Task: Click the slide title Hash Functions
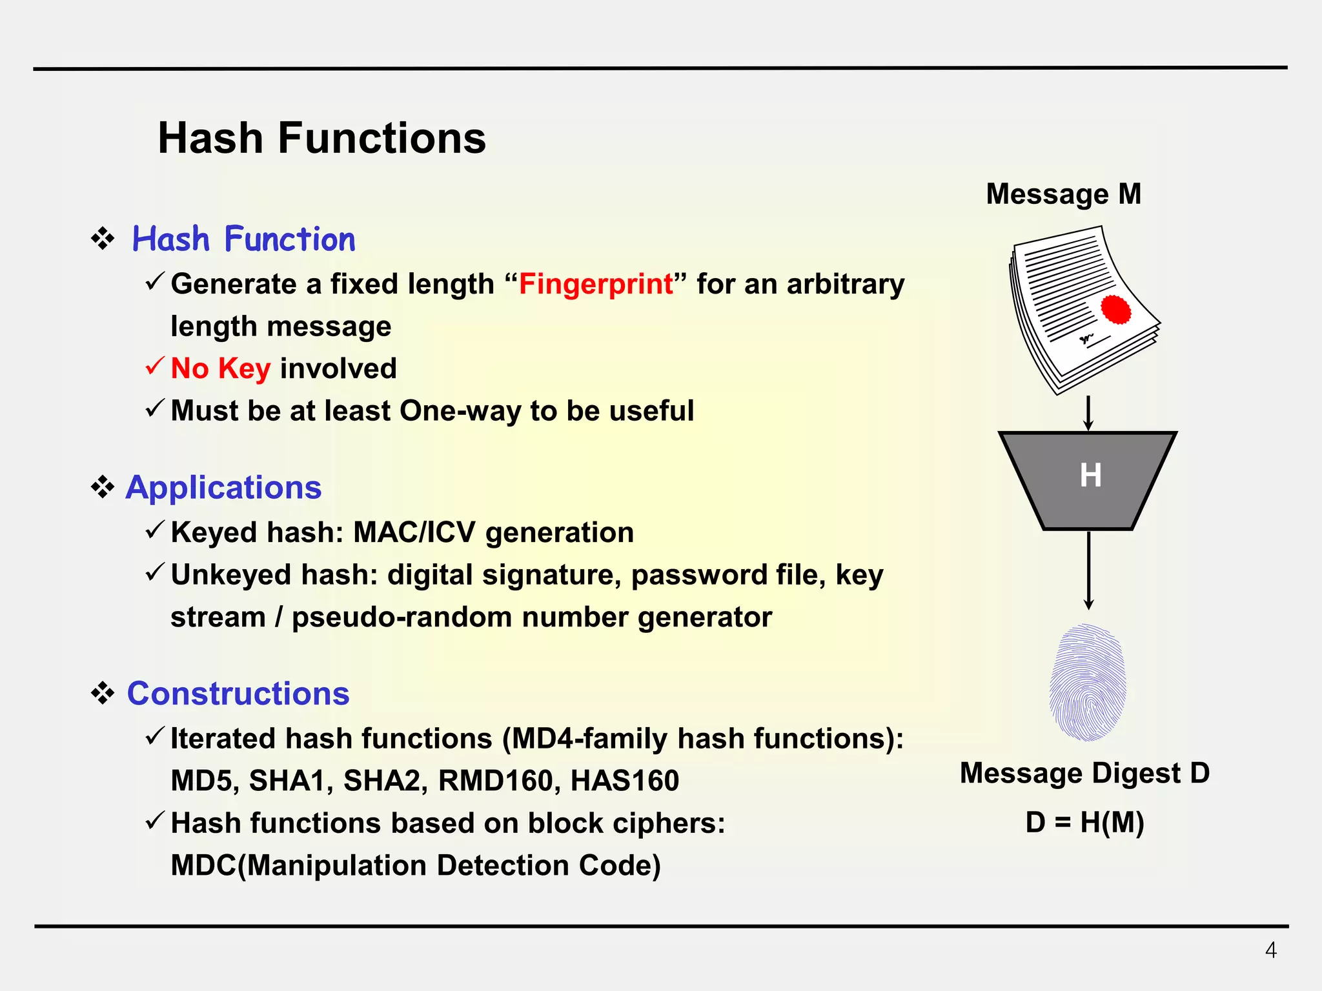[x=321, y=138]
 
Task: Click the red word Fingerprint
[x=595, y=284]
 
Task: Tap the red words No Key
[x=220, y=368]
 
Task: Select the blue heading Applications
[x=223, y=487]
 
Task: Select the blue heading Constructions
[x=238, y=694]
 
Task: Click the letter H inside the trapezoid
[x=1090, y=475]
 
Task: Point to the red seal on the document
[x=1115, y=310]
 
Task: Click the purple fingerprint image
[x=1088, y=683]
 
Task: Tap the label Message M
[x=1063, y=194]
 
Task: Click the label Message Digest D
[x=1084, y=773]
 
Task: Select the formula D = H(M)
[x=1084, y=822]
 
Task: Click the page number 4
[x=1270, y=950]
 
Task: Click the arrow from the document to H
[x=1088, y=414]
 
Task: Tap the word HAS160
[x=624, y=781]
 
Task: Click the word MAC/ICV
[x=414, y=533]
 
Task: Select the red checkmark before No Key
[x=155, y=367]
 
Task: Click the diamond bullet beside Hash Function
[x=103, y=239]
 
